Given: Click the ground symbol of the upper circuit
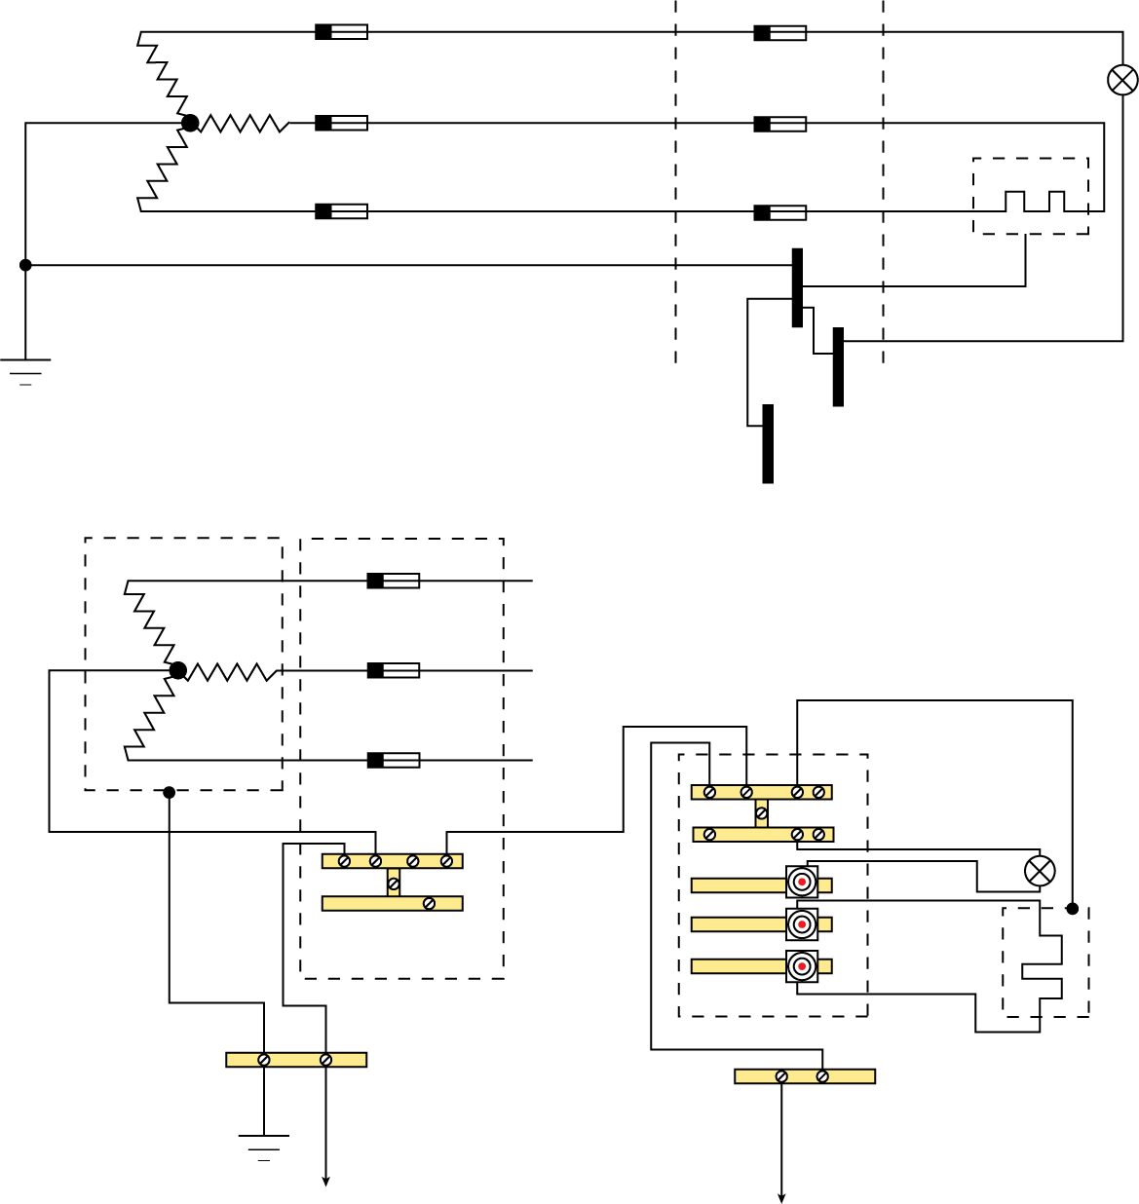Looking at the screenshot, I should click(25, 371).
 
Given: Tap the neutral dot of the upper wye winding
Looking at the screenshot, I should click(190, 123).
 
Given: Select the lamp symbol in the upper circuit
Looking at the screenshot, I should click(1123, 80).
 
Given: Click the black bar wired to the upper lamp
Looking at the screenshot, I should click(838, 366).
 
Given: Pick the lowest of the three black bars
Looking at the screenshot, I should click(768, 443).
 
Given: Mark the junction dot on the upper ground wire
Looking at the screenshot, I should click(25, 265).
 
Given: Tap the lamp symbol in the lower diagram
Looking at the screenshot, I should click(1040, 870).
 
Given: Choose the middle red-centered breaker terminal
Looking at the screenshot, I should click(802, 923).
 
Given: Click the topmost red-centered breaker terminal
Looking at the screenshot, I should click(802, 883).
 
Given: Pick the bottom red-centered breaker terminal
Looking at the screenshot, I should click(802, 966).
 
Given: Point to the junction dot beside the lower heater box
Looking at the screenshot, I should click(1072, 908).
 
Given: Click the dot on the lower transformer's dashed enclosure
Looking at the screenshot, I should click(170, 792).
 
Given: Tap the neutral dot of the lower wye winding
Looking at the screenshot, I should click(177, 670).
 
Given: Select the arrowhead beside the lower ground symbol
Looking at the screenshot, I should click(325, 1181).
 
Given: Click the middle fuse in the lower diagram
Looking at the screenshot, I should click(394, 670).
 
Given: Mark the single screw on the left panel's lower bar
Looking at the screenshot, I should click(429, 904).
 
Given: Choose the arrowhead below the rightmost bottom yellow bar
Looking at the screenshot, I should click(781, 1197).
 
